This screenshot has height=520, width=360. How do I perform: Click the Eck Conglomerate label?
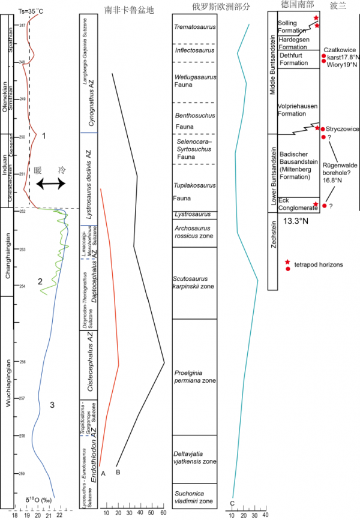click(x=293, y=204)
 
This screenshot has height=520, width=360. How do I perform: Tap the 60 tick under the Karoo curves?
click(x=164, y=513)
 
